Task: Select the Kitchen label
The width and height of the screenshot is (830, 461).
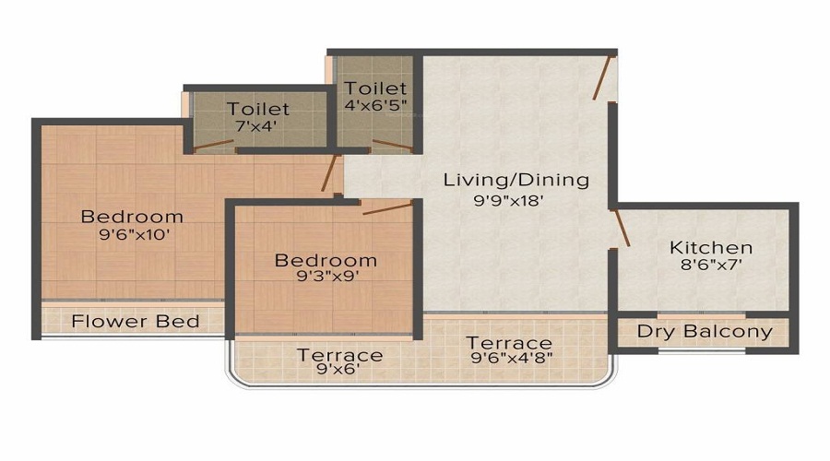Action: coord(710,247)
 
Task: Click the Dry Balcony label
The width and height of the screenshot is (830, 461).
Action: coord(705,332)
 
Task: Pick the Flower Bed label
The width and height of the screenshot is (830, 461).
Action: coord(136,322)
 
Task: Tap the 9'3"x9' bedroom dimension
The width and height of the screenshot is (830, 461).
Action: coord(325,278)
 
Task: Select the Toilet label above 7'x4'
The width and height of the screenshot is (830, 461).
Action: coord(258,110)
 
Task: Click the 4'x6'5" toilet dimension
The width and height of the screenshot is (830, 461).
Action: coord(375,106)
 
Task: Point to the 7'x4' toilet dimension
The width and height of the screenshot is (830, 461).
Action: coord(258,127)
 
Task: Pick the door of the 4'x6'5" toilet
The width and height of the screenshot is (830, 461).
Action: coord(391,145)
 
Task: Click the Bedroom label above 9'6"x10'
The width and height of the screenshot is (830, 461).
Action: coord(132,217)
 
